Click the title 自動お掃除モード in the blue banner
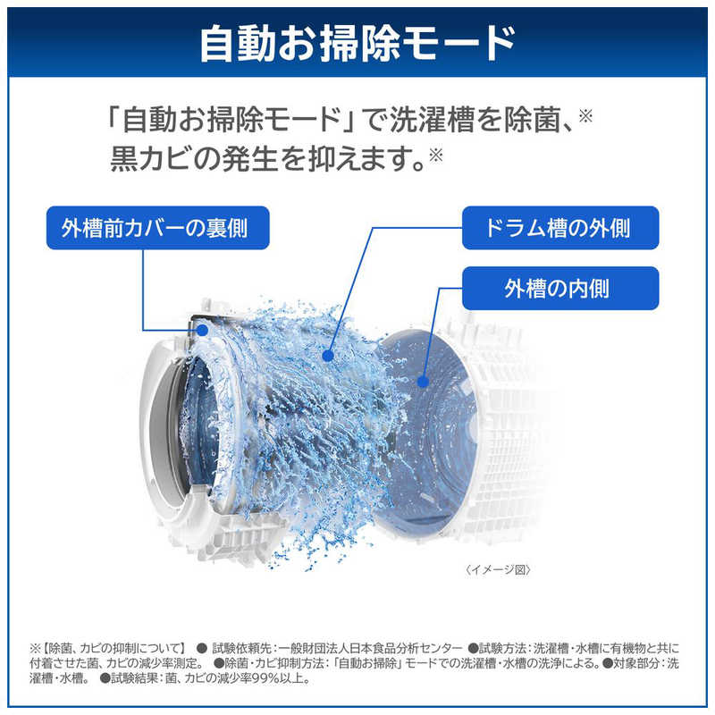358,44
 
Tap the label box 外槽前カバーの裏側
158,228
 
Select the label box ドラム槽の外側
560,228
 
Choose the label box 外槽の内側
560,288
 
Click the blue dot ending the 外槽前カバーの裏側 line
203,330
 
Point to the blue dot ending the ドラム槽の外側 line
327,356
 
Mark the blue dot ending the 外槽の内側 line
423,382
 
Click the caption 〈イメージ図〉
498,569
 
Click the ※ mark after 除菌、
585,116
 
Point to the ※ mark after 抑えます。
436,156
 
